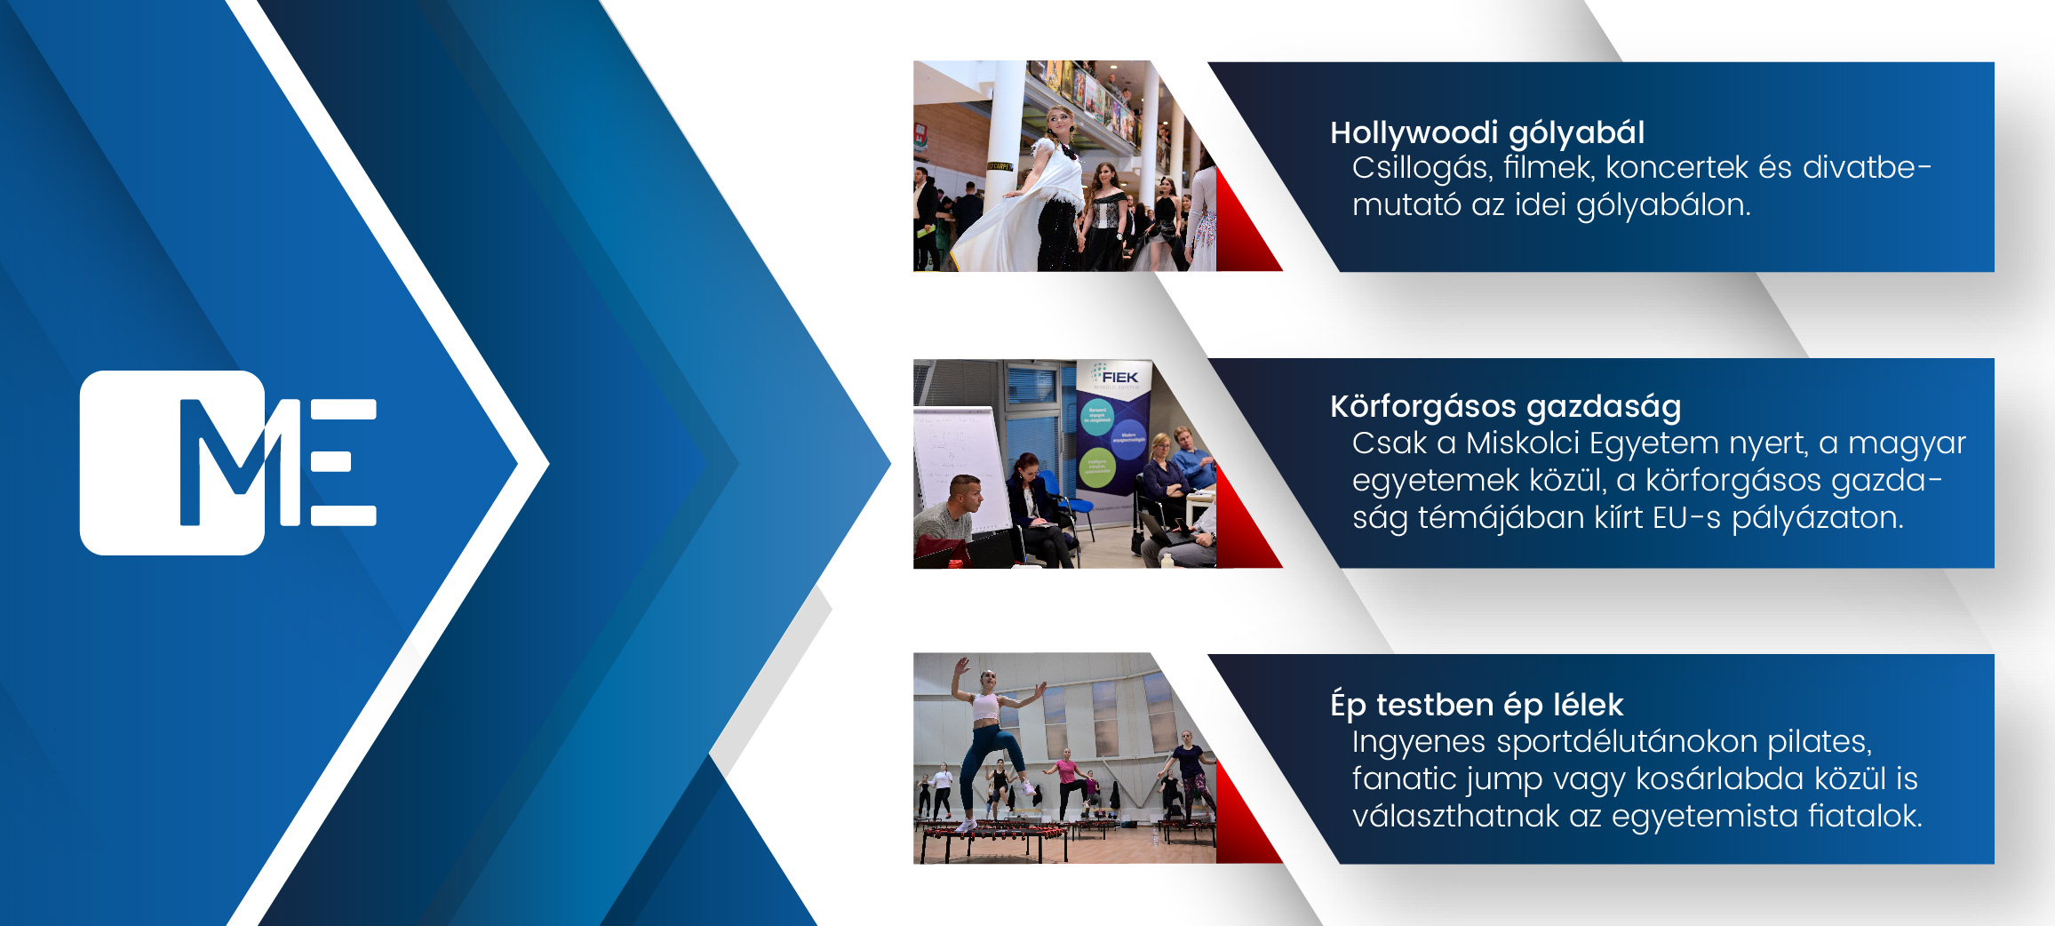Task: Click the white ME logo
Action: [x=228, y=462]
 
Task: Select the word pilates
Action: [x=1820, y=742]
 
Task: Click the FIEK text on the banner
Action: [x=1119, y=378]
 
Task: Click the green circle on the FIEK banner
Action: [x=1097, y=467]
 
